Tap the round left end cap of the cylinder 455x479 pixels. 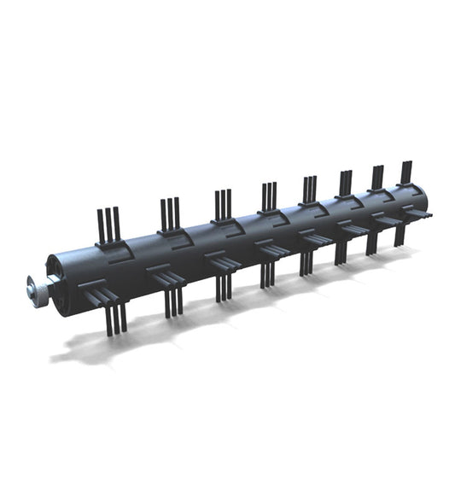click(x=58, y=275)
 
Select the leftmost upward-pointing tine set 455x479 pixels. click(x=108, y=225)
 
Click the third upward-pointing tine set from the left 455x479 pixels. click(x=223, y=204)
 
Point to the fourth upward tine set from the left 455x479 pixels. click(x=269, y=196)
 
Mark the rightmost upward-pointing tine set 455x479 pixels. click(x=406, y=172)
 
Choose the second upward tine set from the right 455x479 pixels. click(x=377, y=177)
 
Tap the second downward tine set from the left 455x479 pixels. click(x=174, y=301)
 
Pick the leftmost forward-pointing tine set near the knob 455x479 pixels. click(x=102, y=295)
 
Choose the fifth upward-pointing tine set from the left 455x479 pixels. click(x=309, y=189)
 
